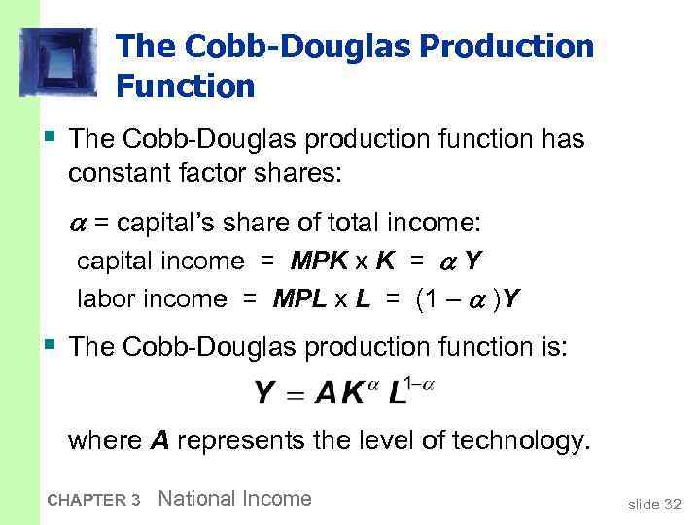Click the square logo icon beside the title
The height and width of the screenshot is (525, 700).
[59, 61]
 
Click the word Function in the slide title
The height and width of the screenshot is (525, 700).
[185, 87]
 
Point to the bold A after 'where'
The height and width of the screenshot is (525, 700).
[160, 440]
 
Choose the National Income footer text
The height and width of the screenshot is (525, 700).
[234, 499]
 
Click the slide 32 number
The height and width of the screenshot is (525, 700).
[654, 504]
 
